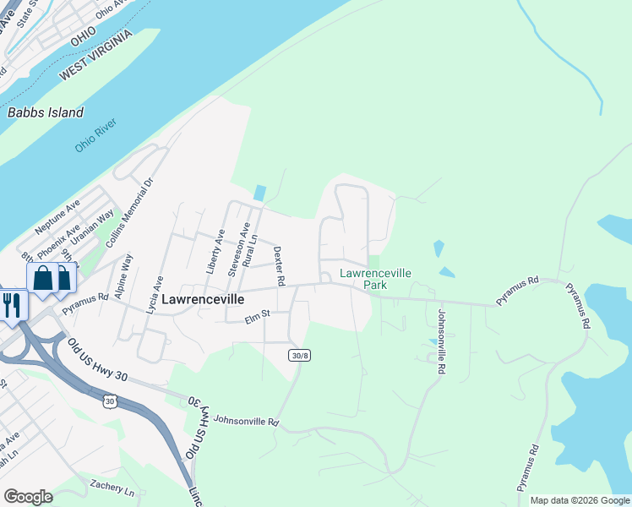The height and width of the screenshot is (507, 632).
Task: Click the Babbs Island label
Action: [46, 112]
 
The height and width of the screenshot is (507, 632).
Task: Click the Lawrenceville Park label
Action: [375, 279]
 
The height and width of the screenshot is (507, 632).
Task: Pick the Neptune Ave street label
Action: [57, 218]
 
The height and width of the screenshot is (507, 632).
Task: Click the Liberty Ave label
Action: [214, 252]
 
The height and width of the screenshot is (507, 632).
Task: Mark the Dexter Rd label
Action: [279, 264]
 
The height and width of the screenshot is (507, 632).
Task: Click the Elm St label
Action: [256, 317]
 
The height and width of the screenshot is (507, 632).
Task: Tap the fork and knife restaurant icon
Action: [12, 304]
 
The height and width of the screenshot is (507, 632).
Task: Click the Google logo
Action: [28, 496]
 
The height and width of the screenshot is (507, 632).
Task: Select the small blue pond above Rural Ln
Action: [259, 193]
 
